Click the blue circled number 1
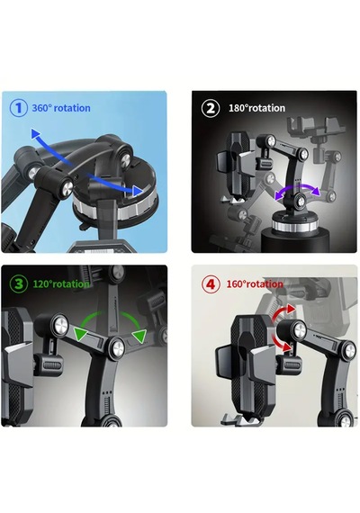18,108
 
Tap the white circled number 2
210,108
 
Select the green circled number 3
18,283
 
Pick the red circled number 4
210,284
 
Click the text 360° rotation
61,108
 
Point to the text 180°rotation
256,108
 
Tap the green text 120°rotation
61,283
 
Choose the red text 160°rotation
255,283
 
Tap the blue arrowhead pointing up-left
35,133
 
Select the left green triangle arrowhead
80,334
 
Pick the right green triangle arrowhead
139,337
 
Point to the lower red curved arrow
281,344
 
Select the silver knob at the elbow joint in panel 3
116,349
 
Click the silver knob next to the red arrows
300,329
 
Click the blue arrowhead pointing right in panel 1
138,191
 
